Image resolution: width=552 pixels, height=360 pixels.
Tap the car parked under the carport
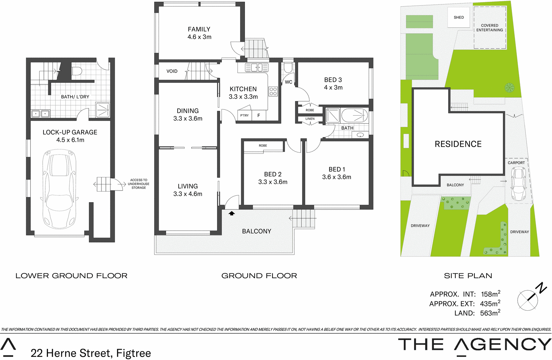click(518, 184)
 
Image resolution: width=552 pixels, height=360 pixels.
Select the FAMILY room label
click(199, 29)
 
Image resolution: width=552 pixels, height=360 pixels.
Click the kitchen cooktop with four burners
click(273, 91)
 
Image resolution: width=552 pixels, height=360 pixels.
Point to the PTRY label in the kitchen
click(244, 115)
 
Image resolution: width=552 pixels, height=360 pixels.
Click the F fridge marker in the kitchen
click(258, 115)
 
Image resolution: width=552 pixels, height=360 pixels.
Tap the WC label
click(288, 82)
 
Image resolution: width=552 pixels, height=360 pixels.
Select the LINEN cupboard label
click(310, 119)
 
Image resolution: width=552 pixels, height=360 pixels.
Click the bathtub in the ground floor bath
click(354, 115)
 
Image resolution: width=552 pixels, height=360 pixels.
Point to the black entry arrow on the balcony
click(231, 213)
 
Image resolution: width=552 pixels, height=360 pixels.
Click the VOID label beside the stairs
click(172, 71)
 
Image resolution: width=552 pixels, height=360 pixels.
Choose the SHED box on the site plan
click(459, 17)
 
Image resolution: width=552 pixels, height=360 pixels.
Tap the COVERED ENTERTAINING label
click(490, 28)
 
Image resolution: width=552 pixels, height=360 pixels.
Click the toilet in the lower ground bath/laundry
click(77, 71)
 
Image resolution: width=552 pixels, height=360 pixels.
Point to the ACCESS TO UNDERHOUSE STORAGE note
click(138, 184)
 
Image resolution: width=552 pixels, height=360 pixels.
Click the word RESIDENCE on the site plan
click(458, 144)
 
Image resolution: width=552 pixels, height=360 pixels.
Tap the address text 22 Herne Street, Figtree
click(91, 353)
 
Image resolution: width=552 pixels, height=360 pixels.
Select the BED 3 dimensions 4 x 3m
click(333, 87)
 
